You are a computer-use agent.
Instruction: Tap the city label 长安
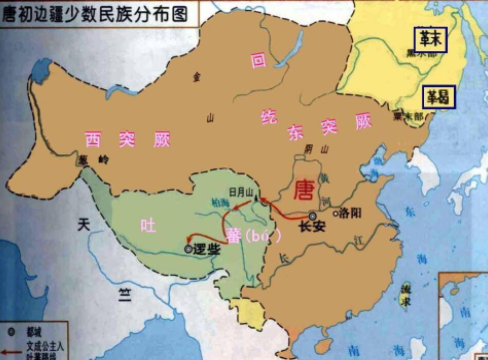click(312, 228)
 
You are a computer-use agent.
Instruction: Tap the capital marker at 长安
click(313, 215)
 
